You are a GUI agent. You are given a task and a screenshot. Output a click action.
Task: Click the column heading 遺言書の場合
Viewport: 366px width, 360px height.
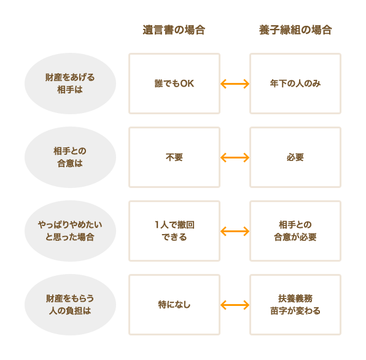pos(174,30)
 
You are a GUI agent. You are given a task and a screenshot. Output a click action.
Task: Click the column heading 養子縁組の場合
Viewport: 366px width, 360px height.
pos(295,30)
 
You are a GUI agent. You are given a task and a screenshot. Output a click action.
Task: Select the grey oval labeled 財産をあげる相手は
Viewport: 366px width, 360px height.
pos(70,84)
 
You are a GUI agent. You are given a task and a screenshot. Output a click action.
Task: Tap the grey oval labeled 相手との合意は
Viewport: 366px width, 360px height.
pos(70,157)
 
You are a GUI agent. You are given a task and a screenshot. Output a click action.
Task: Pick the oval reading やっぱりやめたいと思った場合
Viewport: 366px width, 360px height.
pos(70,231)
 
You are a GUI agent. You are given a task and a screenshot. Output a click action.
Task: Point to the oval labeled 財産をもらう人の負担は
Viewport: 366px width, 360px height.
pos(70,305)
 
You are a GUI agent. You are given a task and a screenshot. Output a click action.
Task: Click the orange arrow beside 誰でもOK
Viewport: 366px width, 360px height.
pos(235,84)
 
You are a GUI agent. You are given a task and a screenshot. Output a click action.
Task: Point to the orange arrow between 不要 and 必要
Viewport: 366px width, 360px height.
pos(235,158)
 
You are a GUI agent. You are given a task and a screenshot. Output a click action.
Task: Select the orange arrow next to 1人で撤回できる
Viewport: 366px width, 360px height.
pos(235,232)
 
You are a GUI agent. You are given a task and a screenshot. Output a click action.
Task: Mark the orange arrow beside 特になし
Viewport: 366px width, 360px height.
pos(235,305)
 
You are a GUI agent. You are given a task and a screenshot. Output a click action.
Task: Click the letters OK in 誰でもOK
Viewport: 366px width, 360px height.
pos(187,84)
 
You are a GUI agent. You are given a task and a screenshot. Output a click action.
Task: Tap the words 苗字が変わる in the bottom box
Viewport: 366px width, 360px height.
pos(295,311)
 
